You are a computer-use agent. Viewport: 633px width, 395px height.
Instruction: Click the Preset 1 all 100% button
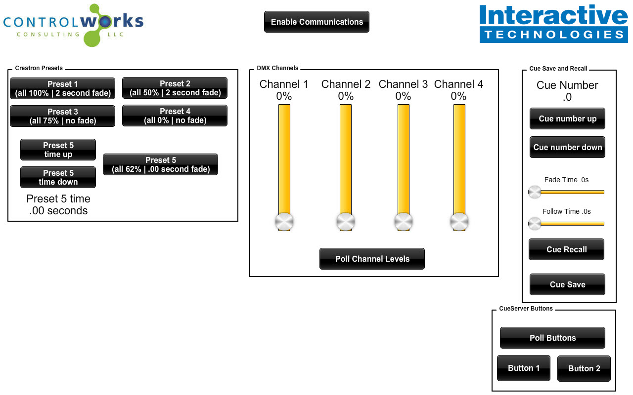coord(62,88)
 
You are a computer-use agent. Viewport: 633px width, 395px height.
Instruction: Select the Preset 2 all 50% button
coord(175,88)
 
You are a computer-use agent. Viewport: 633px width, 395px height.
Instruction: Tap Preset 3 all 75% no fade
coord(62,116)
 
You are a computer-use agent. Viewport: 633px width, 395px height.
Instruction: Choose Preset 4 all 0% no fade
coord(175,116)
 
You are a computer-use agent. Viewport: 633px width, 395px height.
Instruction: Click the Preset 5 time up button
coord(58,150)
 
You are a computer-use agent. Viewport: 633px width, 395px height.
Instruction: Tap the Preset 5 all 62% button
coord(161,164)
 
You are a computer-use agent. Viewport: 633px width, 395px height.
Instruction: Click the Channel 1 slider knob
coord(284,222)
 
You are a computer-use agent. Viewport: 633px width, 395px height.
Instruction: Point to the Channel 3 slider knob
coord(404,222)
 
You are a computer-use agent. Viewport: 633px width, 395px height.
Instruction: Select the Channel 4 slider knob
coord(459,222)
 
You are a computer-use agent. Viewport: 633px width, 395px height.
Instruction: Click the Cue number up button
coord(567,118)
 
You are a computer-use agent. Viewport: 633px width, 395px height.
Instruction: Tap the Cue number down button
coord(567,147)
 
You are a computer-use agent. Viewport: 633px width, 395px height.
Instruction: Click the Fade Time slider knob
coord(535,192)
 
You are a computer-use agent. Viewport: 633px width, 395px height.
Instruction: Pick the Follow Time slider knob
coord(535,224)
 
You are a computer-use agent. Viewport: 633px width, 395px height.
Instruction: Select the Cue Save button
coord(567,284)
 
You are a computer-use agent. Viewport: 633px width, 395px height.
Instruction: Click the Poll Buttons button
coord(552,338)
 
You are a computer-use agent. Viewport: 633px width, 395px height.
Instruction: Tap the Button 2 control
coord(584,368)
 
